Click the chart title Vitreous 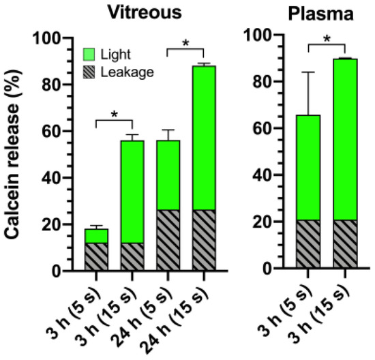click(x=149, y=12)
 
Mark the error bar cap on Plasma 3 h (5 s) click(x=308, y=72)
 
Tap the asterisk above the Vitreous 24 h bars click(x=185, y=42)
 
